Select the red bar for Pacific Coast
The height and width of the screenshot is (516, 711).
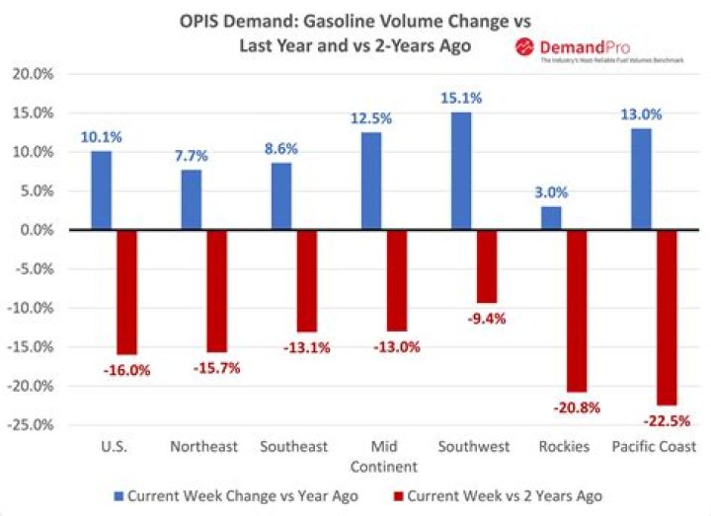tap(666, 317)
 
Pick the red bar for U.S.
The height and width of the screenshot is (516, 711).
tap(126, 292)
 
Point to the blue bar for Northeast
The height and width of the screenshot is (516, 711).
tap(192, 200)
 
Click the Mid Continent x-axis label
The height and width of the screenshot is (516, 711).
tap(389, 456)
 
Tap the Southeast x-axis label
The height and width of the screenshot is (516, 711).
tap(293, 447)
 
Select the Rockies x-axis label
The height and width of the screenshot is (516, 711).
tap(565, 447)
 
